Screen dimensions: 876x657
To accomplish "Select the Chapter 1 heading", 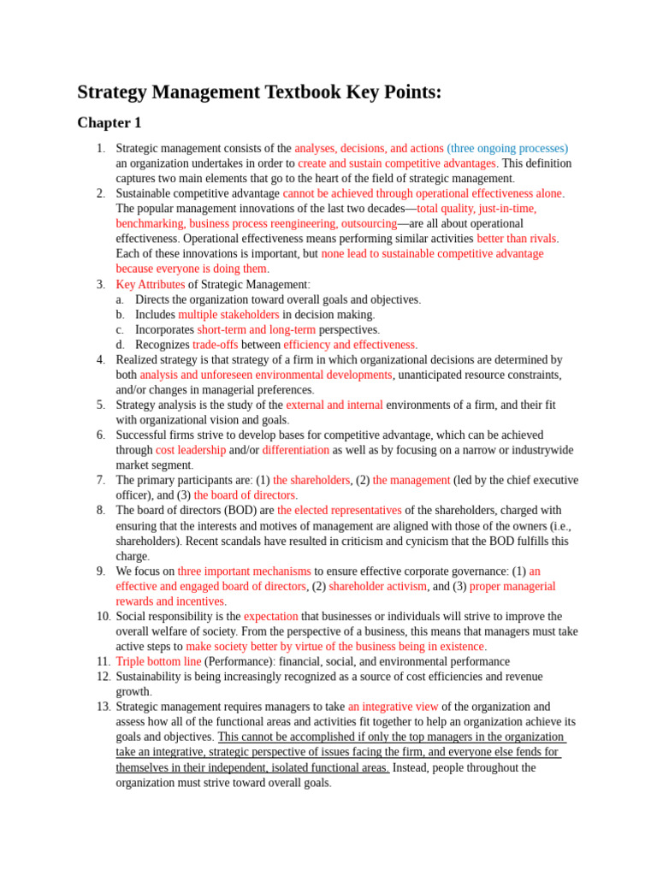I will tap(109, 123).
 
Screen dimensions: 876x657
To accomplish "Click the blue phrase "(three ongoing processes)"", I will tap(507, 148).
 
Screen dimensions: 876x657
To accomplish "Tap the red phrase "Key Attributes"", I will tap(151, 284).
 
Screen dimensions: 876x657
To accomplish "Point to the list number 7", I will tap(100, 480).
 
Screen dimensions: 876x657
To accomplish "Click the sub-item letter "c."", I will tap(120, 329).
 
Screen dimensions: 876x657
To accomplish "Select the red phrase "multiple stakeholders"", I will tap(228, 315).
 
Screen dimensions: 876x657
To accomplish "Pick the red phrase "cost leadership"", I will tap(191, 450).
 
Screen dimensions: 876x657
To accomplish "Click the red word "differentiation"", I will tap(295, 450).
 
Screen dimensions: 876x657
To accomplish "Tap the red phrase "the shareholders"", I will tap(311, 480).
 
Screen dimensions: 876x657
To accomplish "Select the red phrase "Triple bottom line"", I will tap(158, 661).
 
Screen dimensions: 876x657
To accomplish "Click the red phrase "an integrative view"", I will tap(393, 707).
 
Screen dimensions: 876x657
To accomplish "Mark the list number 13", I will tap(103, 707).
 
